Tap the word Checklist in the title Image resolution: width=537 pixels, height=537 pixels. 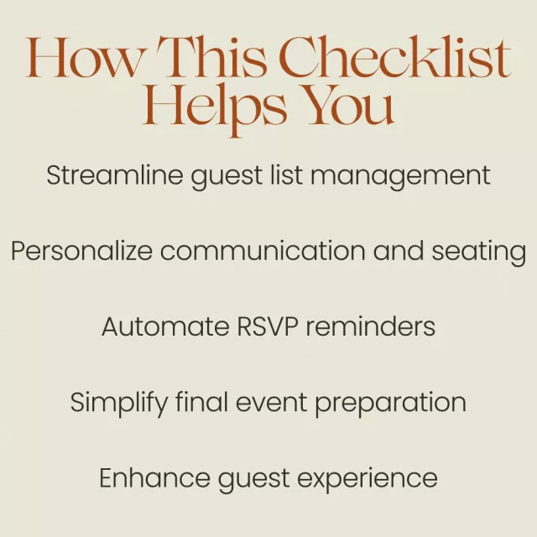coord(396,56)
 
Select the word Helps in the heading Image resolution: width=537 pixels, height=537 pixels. coord(215,107)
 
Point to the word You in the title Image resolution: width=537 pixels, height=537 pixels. coord(350,105)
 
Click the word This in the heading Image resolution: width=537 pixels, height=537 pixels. coord(211,56)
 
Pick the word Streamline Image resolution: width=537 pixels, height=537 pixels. coord(115,175)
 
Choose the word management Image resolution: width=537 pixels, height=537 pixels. coord(401,177)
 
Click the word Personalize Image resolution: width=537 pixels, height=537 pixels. coord(82,251)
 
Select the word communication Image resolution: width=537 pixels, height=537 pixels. coord(263,251)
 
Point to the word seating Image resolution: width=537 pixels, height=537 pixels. coord(479,253)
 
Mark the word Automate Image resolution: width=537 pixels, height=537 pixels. coord(165,326)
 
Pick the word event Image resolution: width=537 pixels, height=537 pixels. coord(271,403)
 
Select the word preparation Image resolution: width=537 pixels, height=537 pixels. coord(390,404)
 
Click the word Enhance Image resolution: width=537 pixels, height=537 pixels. coord(154,477)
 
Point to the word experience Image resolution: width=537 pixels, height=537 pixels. coord(368,480)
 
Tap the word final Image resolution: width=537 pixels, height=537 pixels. coord(201,402)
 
